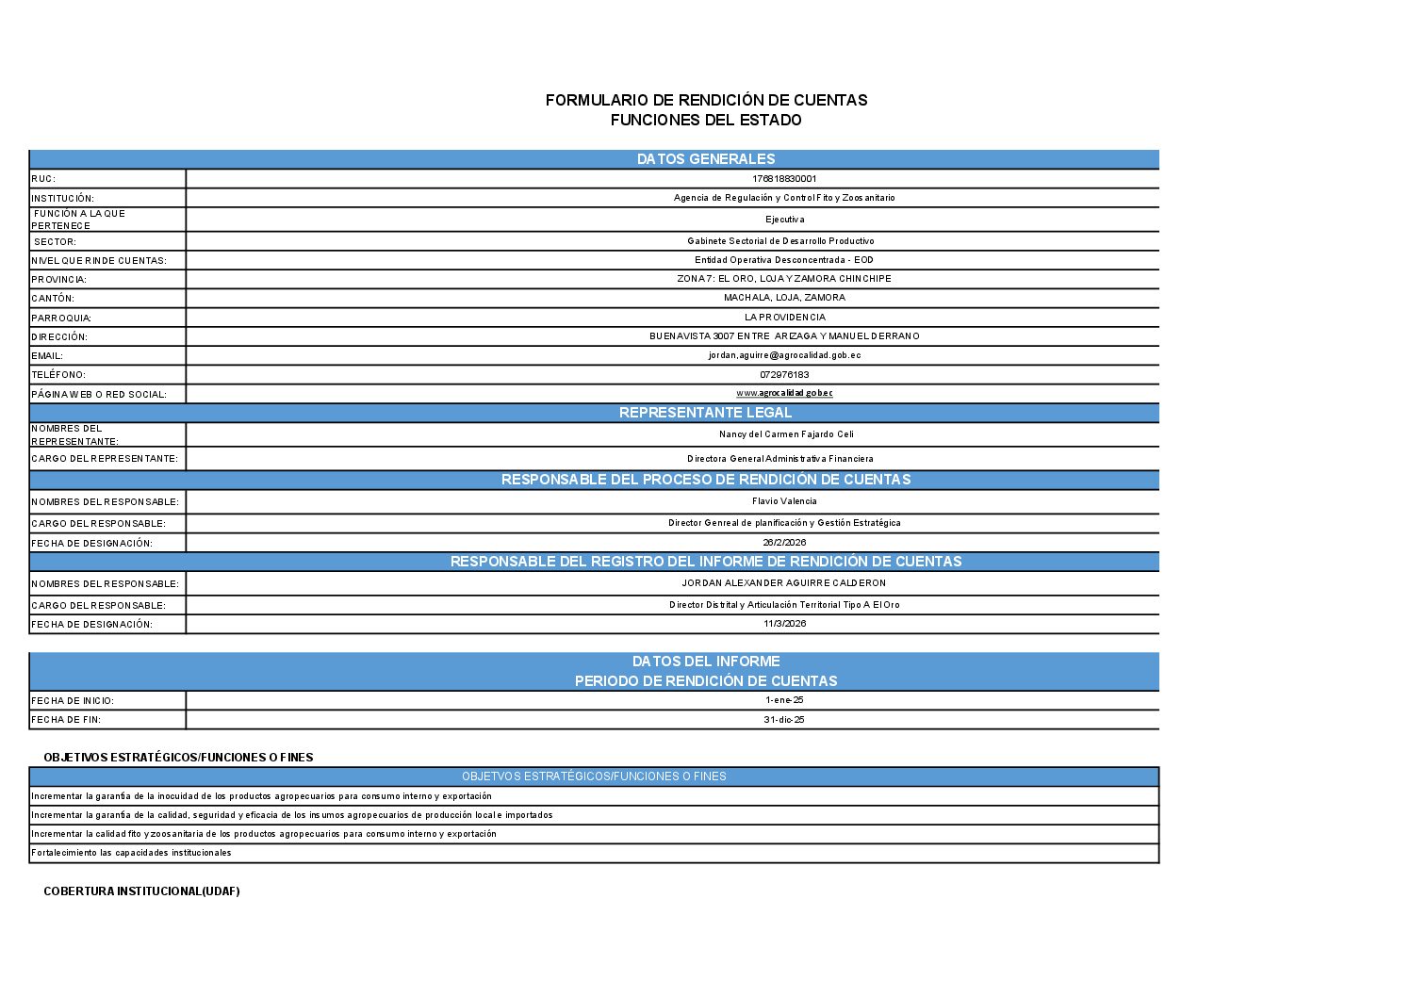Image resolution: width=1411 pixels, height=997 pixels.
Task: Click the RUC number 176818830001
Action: click(784, 179)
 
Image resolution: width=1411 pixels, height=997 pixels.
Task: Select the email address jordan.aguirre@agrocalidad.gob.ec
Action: click(784, 355)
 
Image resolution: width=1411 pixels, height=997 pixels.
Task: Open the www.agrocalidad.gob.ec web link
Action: click(784, 393)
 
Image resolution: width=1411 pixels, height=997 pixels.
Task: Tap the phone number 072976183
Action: click(784, 375)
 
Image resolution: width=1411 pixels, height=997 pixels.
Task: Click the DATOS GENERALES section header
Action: click(706, 159)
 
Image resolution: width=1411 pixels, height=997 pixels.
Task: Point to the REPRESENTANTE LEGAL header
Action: click(705, 413)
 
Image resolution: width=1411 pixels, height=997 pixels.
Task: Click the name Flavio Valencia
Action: click(784, 501)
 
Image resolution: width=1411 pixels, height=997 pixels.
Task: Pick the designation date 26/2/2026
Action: click(784, 543)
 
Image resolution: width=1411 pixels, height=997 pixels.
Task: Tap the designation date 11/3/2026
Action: click(784, 624)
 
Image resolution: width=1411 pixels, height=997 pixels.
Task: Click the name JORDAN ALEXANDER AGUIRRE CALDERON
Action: click(784, 583)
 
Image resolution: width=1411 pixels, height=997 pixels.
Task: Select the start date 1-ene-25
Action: click(784, 700)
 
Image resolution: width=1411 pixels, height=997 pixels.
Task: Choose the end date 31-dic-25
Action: click(784, 720)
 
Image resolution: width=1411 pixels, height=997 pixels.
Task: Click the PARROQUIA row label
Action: click(61, 319)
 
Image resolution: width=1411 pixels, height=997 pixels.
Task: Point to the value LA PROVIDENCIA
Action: click(784, 318)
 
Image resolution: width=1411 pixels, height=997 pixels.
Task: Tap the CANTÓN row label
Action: click(53, 299)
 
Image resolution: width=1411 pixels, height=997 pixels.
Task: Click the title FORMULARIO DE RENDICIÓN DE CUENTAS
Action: click(706, 100)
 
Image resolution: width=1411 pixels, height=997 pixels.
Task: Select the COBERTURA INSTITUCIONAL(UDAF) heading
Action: click(141, 891)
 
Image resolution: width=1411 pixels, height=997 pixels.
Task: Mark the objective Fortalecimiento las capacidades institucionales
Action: click(131, 853)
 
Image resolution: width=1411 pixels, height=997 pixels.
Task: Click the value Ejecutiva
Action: click(784, 220)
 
